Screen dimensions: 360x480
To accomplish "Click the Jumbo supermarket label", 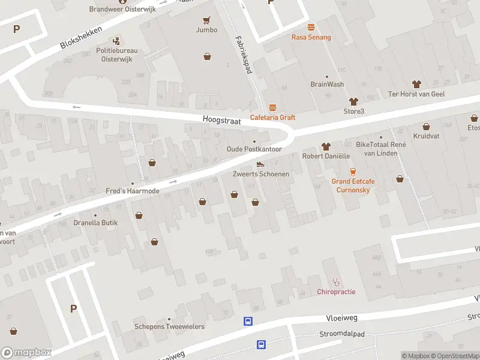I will (206, 29).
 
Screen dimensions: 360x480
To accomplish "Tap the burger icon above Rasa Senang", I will (311, 27).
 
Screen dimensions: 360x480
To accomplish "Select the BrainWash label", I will (327, 85).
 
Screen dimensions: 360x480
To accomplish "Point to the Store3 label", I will (353, 111).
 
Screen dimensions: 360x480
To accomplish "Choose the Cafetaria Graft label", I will (272, 117).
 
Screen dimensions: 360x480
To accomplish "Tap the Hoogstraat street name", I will (221, 121).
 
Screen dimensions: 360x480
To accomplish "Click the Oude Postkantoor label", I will (254, 149).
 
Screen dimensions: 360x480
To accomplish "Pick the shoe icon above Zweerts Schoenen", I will (260, 164).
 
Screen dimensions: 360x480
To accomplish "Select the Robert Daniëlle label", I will (326, 156).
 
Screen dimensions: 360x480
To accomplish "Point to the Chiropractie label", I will (336, 292).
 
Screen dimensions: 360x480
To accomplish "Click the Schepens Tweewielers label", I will (169, 326).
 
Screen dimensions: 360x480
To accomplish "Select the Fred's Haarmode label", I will (133, 191).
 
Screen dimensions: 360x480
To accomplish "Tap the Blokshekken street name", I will (81, 37).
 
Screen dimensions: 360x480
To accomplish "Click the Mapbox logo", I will (26, 353).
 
